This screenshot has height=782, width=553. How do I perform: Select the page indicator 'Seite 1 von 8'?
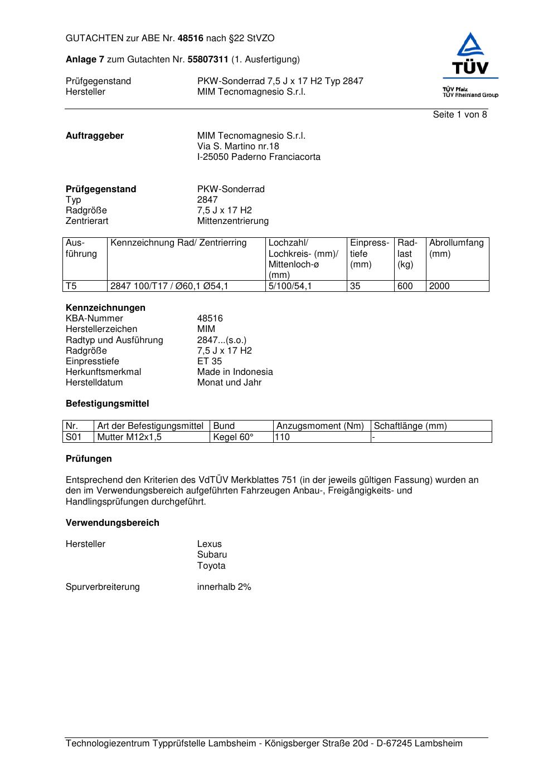(460, 115)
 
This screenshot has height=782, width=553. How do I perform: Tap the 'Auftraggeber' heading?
(95, 136)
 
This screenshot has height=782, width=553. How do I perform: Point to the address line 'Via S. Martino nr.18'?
(238, 146)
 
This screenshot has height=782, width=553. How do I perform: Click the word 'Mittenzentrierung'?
(232, 221)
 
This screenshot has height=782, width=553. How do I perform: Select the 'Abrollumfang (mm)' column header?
(456, 248)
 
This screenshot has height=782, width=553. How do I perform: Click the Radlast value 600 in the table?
(405, 286)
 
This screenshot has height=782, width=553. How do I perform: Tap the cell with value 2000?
(439, 286)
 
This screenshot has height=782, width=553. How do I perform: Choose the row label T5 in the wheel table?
(71, 286)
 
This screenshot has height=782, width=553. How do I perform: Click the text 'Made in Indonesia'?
(235, 372)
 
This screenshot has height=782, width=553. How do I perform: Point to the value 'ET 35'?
(209, 361)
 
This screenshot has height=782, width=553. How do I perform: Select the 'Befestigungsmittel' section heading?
(107, 404)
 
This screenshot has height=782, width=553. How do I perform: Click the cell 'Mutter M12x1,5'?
(129, 437)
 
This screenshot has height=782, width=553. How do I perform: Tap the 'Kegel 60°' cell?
(233, 437)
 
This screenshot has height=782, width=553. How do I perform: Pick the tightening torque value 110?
(283, 437)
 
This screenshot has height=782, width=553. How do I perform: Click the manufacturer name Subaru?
(212, 555)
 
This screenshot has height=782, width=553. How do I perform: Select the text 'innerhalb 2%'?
(224, 587)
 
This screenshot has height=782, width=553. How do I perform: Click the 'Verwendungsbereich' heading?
(112, 523)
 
